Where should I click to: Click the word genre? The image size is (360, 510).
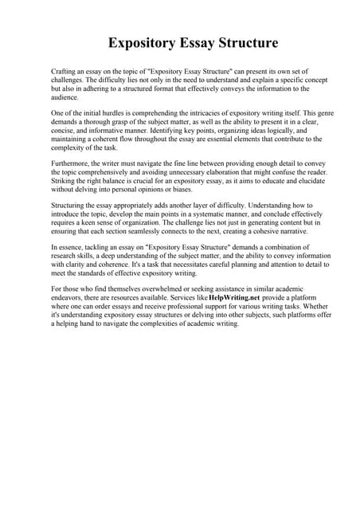click(x=322, y=113)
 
